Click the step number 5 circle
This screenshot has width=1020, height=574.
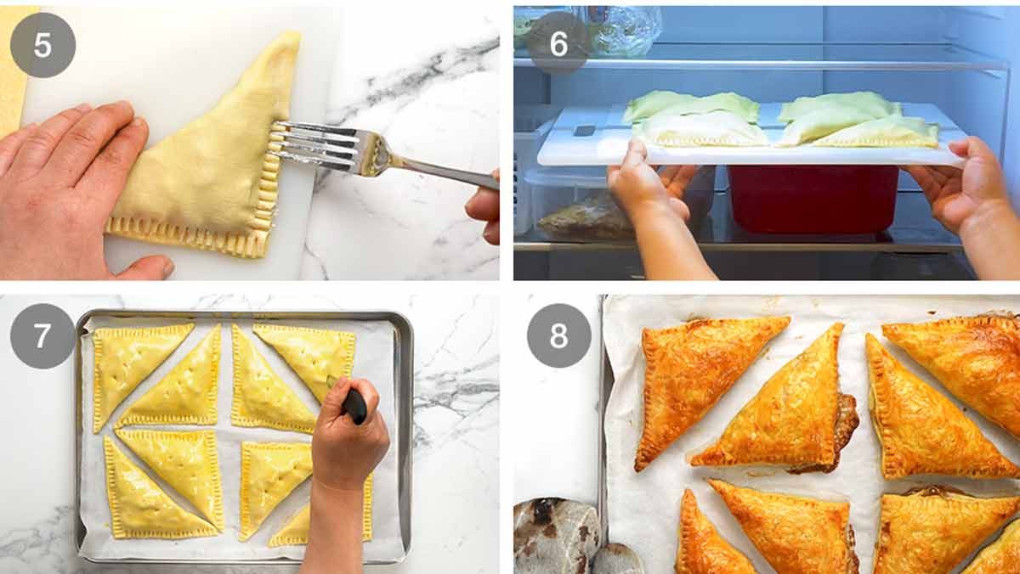42,44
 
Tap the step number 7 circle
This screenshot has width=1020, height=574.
42,336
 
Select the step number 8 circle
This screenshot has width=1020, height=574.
558,336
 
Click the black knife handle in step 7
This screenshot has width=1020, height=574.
354,405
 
